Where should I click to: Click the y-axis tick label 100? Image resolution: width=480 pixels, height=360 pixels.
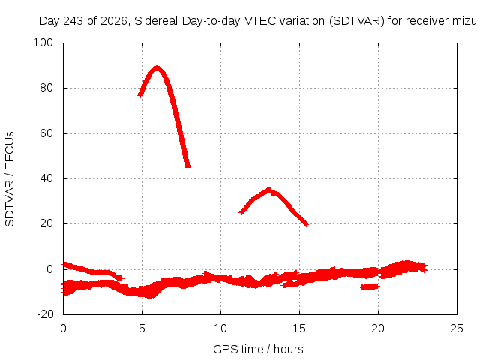(43, 43)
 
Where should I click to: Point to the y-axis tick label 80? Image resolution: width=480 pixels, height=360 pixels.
(46, 88)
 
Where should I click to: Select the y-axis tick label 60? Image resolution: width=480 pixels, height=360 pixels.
(46, 133)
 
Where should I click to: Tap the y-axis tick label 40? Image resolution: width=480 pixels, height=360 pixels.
(46, 178)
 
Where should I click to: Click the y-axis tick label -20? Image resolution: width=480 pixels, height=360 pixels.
(45, 314)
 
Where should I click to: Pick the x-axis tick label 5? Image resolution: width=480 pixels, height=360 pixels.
(142, 328)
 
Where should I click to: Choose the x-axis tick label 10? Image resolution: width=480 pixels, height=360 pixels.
(220, 328)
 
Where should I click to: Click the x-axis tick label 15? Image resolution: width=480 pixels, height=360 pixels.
(299, 328)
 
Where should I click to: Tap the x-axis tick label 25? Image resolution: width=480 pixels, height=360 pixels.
(457, 328)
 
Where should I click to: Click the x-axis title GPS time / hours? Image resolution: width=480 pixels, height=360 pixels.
(258, 349)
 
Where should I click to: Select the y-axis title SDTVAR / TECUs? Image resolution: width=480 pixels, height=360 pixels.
(10, 179)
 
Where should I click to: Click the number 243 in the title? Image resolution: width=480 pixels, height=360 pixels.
(73, 21)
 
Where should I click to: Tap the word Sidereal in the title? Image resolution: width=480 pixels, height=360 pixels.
(156, 21)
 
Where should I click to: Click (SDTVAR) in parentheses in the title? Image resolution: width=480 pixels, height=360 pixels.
(357, 21)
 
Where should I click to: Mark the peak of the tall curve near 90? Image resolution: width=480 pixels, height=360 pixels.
(157, 67)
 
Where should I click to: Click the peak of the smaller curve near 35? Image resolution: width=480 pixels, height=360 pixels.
(268, 190)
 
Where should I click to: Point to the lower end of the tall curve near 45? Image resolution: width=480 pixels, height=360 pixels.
(187, 166)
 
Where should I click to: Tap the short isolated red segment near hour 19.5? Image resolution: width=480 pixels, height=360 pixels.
(370, 286)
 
